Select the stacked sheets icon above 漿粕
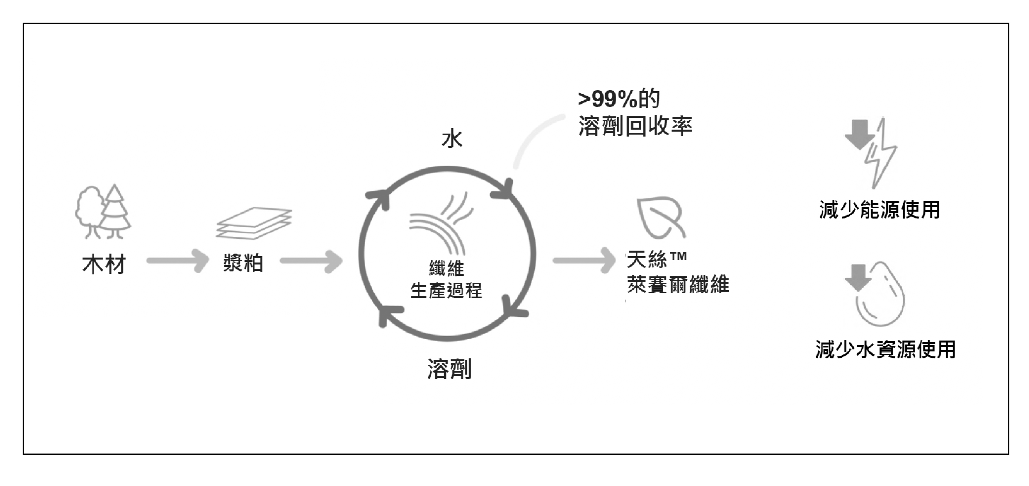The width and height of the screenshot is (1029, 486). (254, 223)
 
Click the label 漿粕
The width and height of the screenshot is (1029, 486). (243, 263)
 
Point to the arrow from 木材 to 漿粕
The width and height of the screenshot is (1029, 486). (178, 261)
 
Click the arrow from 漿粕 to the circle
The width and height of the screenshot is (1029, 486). (311, 261)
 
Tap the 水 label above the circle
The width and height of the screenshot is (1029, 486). (452, 140)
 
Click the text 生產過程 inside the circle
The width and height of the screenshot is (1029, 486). (446, 290)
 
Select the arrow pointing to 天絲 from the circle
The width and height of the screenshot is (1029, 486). (584, 261)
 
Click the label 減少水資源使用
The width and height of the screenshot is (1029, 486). (885, 349)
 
